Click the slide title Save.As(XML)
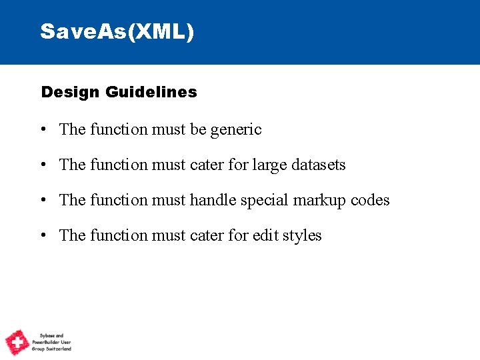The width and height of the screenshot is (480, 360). pyautogui.click(x=117, y=31)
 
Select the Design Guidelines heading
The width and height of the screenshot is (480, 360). pyautogui.click(x=119, y=92)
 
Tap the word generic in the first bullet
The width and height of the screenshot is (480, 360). pyautogui.click(x=236, y=129)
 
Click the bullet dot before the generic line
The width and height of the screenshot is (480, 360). pyautogui.click(x=43, y=130)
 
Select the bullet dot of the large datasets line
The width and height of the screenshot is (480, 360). pyautogui.click(x=43, y=165)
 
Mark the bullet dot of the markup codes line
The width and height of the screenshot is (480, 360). pyautogui.click(x=43, y=201)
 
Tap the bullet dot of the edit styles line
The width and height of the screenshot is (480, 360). pyautogui.click(x=43, y=236)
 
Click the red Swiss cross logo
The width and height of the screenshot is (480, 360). pyautogui.click(x=17, y=342)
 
